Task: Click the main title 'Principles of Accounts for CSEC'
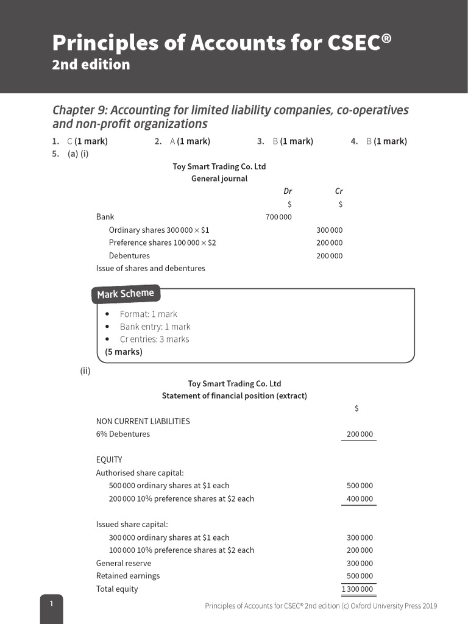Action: (x=222, y=43)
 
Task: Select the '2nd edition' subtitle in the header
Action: (x=91, y=65)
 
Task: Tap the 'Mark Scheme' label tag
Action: (x=126, y=294)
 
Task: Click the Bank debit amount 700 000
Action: (x=278, y=217)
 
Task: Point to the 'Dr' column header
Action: (x=288, y=191)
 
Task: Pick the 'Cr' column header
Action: (x=339, y=191)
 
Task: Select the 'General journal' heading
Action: (x=219, y=179)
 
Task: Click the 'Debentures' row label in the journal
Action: (x=129, y=255)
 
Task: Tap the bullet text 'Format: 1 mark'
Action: (x=148, y=314)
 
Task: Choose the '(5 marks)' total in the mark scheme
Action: (x=124, y=352)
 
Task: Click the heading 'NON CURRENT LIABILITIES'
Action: (x=143, y=421)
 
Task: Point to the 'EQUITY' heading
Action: (x=109, y=459)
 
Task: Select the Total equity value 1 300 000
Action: (x=358, y=589)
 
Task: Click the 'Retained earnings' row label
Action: (x=128, y=576)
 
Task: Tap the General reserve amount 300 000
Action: (x=360, y=563)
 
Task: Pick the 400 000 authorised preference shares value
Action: (x=360, y=498)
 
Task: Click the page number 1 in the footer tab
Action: (x=52, y=603)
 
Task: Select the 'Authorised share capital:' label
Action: (x=140, y=472)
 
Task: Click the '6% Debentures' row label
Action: (x=122, y=434)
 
